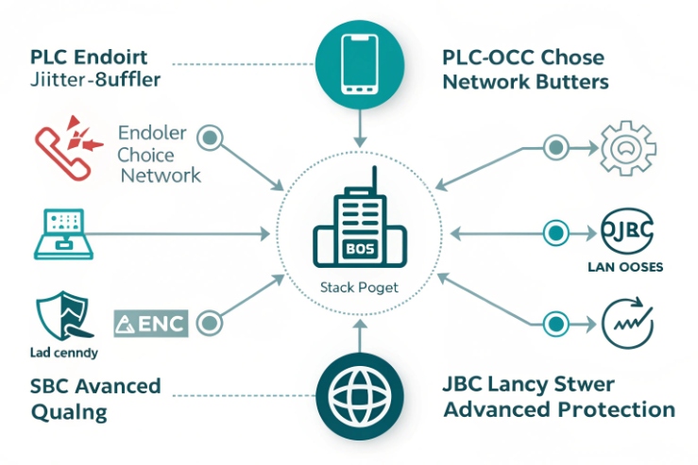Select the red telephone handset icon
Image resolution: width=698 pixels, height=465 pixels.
(63, 147)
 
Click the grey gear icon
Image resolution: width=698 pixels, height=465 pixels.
(628, 147)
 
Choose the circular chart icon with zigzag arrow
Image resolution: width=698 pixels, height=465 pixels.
(628, 324)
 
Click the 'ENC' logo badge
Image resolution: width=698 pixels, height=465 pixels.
(151, 324)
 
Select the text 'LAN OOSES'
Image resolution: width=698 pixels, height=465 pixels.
(625, 266)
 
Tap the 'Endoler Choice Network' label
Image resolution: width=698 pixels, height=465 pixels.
(159, 154)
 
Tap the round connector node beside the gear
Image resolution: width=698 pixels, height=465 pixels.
(553, 148)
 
